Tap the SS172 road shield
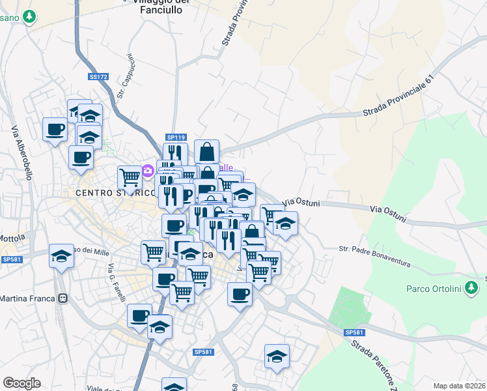(98, 77)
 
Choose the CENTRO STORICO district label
(116, 193)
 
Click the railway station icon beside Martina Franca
(63, 298)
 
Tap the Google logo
(21, 383)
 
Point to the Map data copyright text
(458, 386)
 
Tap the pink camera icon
(148, 171)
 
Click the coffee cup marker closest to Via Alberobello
(55, 128)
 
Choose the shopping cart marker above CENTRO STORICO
(130, 176)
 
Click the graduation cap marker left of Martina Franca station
(61, 255)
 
